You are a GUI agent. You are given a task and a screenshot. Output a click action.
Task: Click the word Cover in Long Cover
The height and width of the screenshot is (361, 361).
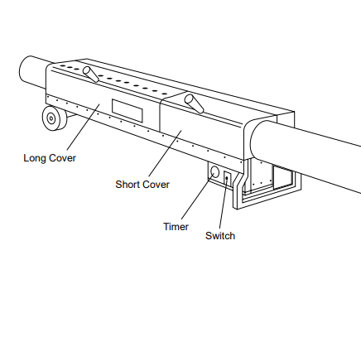(x=62, y=158)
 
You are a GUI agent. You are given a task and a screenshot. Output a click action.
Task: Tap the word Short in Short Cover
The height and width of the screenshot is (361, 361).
(x=127, y=185)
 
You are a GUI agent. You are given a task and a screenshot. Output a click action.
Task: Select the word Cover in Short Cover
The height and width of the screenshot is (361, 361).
(x=156, y=185)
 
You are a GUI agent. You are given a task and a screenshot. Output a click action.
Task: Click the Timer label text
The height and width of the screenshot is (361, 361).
(x=176, y=227)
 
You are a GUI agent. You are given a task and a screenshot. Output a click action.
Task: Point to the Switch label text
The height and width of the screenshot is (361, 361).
(x=220, y=236)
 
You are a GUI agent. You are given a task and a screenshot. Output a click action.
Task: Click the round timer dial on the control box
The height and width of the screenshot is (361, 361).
(x=214, y=172)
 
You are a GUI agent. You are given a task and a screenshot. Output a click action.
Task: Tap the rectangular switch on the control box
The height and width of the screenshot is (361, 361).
(x=227, y=180)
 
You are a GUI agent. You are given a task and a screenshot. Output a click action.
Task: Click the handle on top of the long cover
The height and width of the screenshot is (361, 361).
(x=91, y=74)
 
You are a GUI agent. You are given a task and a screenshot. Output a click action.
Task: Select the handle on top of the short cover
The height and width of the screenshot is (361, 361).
(x=194, y=103)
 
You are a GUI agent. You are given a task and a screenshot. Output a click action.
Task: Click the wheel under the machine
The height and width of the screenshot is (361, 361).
(x=55, y=118)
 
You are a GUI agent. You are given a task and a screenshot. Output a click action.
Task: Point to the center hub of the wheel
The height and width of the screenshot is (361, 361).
(x=51, y=118)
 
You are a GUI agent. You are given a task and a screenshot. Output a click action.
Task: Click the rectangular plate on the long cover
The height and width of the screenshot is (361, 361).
(x=128, y=110)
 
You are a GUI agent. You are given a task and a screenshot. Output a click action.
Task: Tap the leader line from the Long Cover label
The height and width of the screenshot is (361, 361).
(x=83, y=127)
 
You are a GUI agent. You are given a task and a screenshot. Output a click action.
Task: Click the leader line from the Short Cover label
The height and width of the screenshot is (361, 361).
(x=166, y=153)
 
